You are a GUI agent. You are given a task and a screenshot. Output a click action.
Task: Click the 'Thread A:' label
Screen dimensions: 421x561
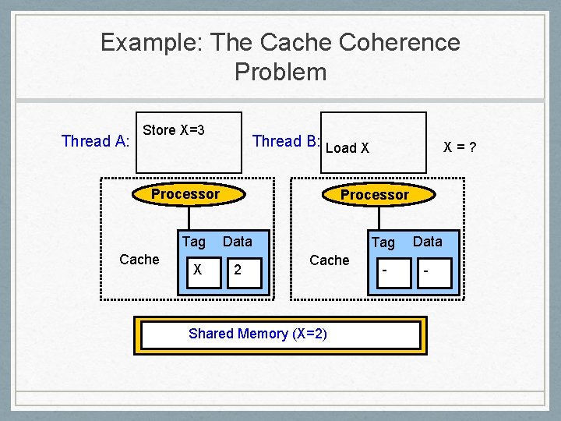[96, 141]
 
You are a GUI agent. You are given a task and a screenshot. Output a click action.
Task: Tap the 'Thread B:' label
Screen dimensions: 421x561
[286, 141]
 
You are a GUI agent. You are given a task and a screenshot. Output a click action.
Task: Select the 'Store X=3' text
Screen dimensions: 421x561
[174, 130]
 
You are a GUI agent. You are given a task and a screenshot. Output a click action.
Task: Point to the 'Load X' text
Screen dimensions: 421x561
[347, 147]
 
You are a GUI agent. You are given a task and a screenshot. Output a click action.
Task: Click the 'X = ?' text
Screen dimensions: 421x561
[460, 146]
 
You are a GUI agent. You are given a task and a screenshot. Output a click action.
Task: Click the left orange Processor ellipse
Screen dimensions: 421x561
[185, 194]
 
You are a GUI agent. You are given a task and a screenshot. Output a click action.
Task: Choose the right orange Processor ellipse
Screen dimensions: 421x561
[374, 195]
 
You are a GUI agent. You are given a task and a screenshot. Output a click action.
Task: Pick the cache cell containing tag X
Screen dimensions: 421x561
[199, 270]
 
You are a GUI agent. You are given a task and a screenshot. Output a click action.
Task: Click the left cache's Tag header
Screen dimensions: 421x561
[193, 242]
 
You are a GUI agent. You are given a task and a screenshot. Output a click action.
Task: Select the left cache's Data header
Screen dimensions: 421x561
[238, 242]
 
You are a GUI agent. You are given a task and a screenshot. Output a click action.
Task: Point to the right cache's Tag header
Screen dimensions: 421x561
[383, 242]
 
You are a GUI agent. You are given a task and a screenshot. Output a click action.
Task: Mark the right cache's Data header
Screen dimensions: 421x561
[427, 242]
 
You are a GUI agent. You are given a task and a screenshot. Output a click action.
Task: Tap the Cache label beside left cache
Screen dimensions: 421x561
[139, 260]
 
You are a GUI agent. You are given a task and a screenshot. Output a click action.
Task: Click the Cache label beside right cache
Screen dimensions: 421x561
[330, 260]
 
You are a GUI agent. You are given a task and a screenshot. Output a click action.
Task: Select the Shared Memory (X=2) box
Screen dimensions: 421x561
[280, 334]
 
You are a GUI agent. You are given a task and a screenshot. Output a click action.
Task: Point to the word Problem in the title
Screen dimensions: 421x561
[280, 73]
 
